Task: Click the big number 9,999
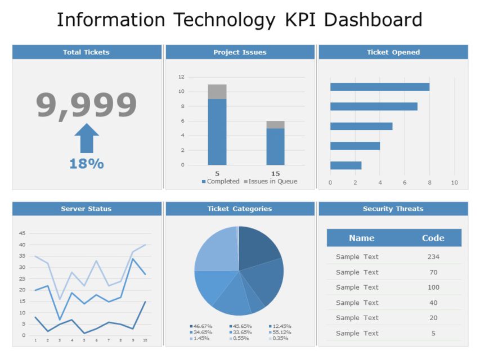pyautogui.click(x=87, y=105)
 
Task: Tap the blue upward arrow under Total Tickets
pyautogui.click(x=87, y=138)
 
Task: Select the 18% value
pyautogui.click(x=87, y=164)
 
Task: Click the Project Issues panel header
pyautogui.click(x=240, y=52)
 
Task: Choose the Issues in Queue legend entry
pyautogui.click(x=270, y=182)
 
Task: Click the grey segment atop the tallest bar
pyautogui.click(x=217, y=92)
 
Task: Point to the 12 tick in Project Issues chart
pyautogui.click(x=181, y=77)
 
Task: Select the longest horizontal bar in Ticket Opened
pyautogui.click(x=379, y=87)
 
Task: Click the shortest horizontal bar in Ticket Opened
pyautogui.click(x=346, y=165)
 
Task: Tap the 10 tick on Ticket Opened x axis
pyautogui.click(x=455, y=182)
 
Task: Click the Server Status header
pyautogui.click(x=87, y=209)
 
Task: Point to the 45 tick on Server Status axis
pyautogui.click(x=23, y=233)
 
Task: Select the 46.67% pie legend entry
pyautogui.click(x=201, y=326)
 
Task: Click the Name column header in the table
pyautogui.click(x=361, y=238)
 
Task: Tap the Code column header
pyautogui.click(x=433, y=238)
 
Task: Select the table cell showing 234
pyautogui.click(x=433, y=256)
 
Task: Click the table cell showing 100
pyautogui.click(x=433, y=287)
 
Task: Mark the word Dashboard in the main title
pyautogui.click(x=373, y=20)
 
